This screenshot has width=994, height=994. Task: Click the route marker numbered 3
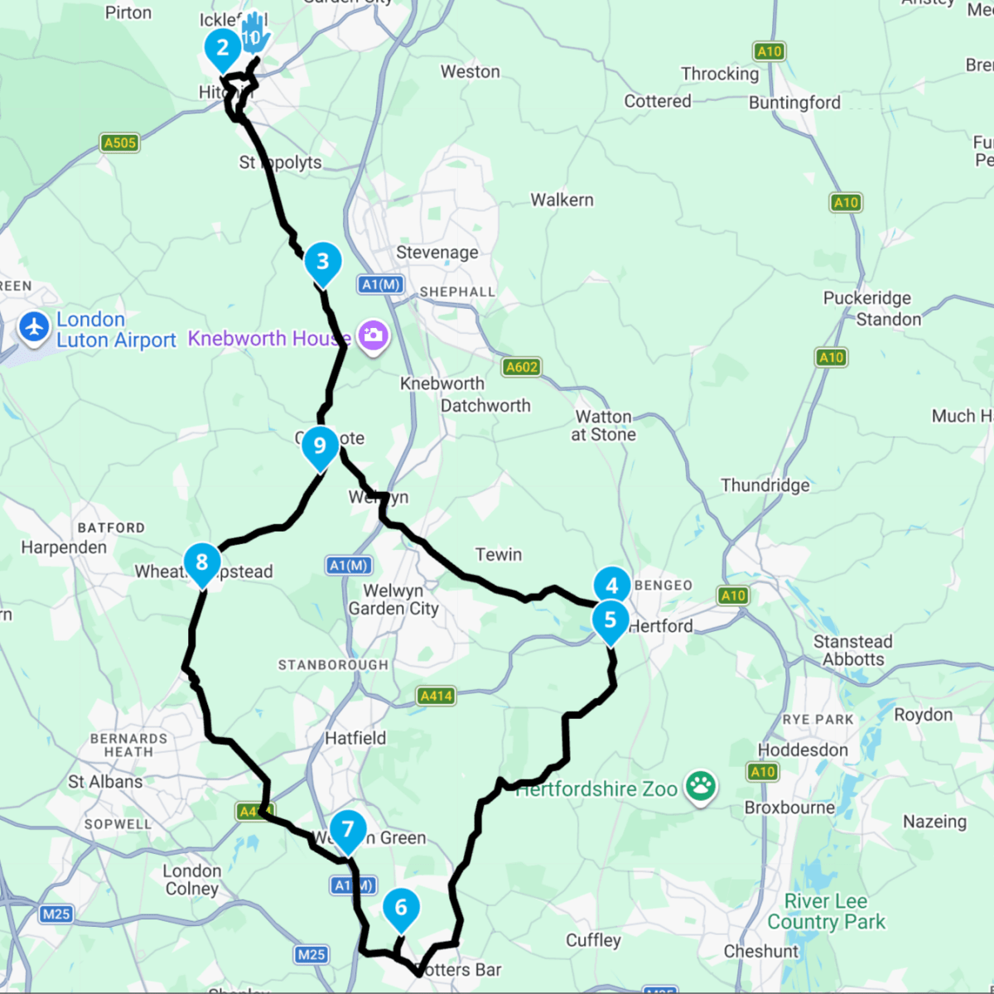coord(323,263)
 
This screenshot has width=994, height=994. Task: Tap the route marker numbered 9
coord(320,446)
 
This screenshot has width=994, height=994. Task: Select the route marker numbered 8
coord(202,562)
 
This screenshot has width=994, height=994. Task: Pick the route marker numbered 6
coord(401,908)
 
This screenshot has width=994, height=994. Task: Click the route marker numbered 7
coord(348,829)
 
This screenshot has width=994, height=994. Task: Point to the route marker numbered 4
coord(612,586)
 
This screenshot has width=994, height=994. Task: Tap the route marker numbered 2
coord(222,48)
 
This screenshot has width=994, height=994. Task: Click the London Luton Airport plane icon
coord(34,326)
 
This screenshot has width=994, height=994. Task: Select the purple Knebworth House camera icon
coord(374,335)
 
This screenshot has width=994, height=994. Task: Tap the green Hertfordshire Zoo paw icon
coord(701,786)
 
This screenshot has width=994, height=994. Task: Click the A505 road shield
coord(119,142)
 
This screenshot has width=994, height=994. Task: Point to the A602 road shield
coord(522,367)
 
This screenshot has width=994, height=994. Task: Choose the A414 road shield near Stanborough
coord(436,696)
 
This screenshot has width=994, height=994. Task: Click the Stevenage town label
coord(437,253)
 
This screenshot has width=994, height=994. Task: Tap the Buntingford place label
coord(794,103)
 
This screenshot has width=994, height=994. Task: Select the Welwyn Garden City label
coord(393,600)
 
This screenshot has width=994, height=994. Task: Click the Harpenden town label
coord(64,548)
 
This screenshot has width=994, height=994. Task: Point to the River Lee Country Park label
coord(826,911)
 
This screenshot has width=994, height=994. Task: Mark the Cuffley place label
coord(593,940)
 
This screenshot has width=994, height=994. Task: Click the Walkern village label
coord(562,200)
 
